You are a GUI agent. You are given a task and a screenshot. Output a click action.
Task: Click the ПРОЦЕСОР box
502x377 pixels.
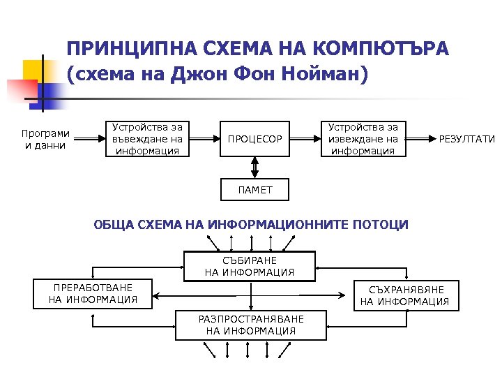(254, 139)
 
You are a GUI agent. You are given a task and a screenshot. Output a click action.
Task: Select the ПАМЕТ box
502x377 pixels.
(254, 188)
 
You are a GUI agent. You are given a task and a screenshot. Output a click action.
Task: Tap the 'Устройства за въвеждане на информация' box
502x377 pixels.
(148, 138)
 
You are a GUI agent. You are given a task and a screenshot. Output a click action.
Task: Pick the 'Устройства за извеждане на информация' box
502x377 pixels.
(363, 138)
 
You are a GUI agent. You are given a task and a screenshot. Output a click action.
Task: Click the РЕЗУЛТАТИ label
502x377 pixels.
(466, 139)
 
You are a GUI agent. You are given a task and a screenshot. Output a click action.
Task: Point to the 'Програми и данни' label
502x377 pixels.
(45, 139)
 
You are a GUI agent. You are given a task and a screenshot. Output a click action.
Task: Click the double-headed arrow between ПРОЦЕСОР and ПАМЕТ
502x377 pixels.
(254, 167)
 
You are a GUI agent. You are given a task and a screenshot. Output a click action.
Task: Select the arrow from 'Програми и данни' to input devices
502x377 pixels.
(88, 139)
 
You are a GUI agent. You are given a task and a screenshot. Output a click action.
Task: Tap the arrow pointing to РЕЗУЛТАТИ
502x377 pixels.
(421, 139)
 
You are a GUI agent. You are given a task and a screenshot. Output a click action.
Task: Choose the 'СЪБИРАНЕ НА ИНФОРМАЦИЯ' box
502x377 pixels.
(250, 266)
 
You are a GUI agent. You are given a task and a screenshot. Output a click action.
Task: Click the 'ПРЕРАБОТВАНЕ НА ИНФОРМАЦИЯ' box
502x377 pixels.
(93, 294)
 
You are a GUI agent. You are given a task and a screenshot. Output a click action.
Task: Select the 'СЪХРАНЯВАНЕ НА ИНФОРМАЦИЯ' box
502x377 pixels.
(404, 295)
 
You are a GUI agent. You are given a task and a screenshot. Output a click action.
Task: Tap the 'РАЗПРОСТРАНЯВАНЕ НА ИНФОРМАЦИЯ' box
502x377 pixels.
(250, 325)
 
